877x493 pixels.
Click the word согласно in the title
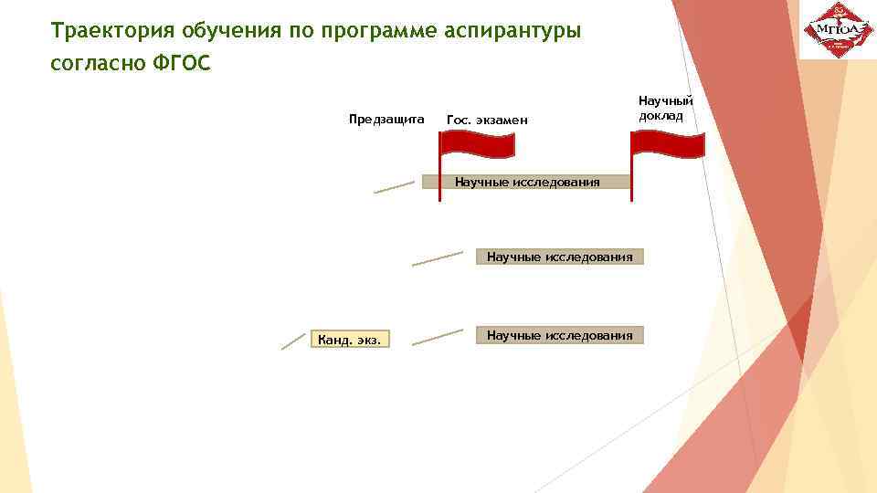coord(92,66)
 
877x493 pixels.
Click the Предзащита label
coord(386,119)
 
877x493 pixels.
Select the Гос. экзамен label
coord(487,120)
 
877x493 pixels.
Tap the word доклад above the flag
coord(660,116)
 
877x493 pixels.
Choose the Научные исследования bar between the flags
coord(528,182)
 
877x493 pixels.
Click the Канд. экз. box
coord(351,341)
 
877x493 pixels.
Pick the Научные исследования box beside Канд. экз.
coord(559,335)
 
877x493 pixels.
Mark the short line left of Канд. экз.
coord(292,341)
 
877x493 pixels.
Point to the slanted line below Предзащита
coord(394,187)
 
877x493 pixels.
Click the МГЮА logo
coord(838,31)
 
